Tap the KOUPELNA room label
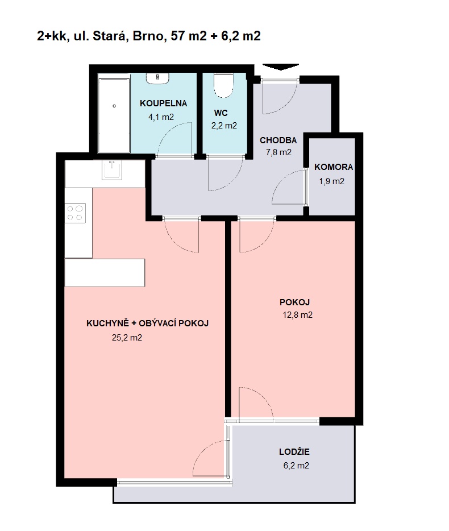coord(163,103)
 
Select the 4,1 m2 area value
coord(161,117)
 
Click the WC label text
coord(221,113)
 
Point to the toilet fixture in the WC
coord(223,85)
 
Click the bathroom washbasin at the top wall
coord(157,78)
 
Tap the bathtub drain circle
coord(114,106)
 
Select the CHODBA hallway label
coord(278,140)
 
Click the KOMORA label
coord(334,167)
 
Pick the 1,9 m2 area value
coord(331,181)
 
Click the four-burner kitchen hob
coord(75,213)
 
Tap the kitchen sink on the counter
coord(112,170)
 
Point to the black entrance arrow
coord(281,67)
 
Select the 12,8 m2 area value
coord(298,315)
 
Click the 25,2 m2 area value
coord(127,338)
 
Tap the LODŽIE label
coord(294,451)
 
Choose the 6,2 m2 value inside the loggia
coord(296,466)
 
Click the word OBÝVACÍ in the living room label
coord(157,323)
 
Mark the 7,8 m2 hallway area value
coord(278,152)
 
